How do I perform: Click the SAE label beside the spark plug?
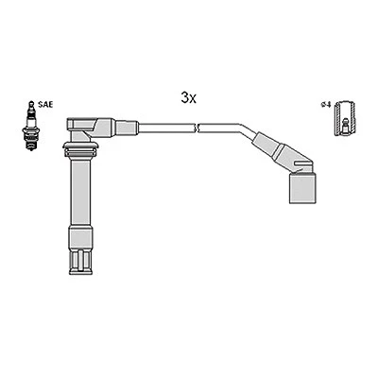pos(45,104)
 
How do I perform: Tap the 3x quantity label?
pos(188,98)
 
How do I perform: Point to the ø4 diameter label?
pos(326,105)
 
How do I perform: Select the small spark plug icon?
pos(30,126)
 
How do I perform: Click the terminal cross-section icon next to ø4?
pos(346,119)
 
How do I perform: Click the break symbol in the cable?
pos(197,128)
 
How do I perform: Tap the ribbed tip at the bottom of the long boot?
pos(81,262)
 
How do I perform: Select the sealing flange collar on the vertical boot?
pos(81,149)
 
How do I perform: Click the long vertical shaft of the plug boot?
pos(81,191)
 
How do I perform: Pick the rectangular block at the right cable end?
pos(302,188)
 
